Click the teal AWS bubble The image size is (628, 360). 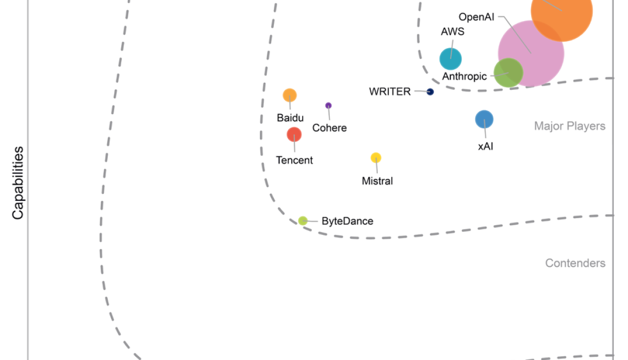coord(450,59)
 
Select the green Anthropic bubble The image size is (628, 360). coord(508,73)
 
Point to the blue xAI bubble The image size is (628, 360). coord(484,120)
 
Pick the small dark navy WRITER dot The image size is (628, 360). coord(430,92)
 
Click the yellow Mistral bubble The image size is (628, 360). coord(376,158)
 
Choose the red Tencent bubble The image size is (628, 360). coord(294,134)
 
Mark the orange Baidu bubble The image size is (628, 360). coord(290,95)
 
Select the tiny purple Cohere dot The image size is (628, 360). coord(328,106)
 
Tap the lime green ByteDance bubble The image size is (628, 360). coord(303,220)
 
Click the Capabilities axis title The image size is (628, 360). coord(18,182)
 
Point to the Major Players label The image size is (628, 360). coord(570,126)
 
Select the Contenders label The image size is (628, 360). coord(575,263)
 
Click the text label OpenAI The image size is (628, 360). coord(476,17)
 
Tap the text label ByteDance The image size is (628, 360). coord(347,221)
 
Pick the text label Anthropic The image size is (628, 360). coord(464,76)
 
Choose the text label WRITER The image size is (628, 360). coord(390,91)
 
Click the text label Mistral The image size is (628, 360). coord(377,181)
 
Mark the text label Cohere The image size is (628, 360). coord(329,128)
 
